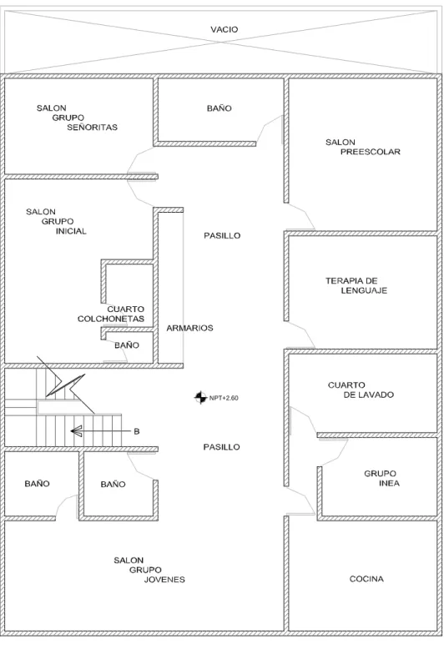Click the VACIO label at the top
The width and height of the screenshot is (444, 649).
[224, 29]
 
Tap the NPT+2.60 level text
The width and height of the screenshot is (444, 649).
[224, 398]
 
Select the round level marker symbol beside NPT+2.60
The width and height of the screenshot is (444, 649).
[201, 397]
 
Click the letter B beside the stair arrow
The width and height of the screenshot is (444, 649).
[137, 431]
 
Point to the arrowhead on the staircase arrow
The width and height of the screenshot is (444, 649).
[75, 431]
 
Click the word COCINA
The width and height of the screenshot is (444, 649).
[366, 579]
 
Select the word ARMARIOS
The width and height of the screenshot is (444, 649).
[189, 328]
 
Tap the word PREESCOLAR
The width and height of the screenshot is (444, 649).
[371, 152]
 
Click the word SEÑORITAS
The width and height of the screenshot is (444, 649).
[93, 127]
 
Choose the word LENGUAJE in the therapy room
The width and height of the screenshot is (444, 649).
[364, 290]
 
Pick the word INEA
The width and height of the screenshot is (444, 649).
[389, 483]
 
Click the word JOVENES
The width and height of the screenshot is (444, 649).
[164, 580]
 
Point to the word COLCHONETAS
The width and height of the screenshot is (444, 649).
[111, 319]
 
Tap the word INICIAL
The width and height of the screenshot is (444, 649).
[71, 231]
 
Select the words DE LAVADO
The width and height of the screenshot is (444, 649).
[369, 395]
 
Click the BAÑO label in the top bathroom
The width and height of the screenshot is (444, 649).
[219, 108]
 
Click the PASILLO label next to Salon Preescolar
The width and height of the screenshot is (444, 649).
[222, 235]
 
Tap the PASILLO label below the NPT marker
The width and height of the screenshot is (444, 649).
[222, 447]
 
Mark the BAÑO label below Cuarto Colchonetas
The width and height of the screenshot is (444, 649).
[127, 345]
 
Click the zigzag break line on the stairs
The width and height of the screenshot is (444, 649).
[65, 385]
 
